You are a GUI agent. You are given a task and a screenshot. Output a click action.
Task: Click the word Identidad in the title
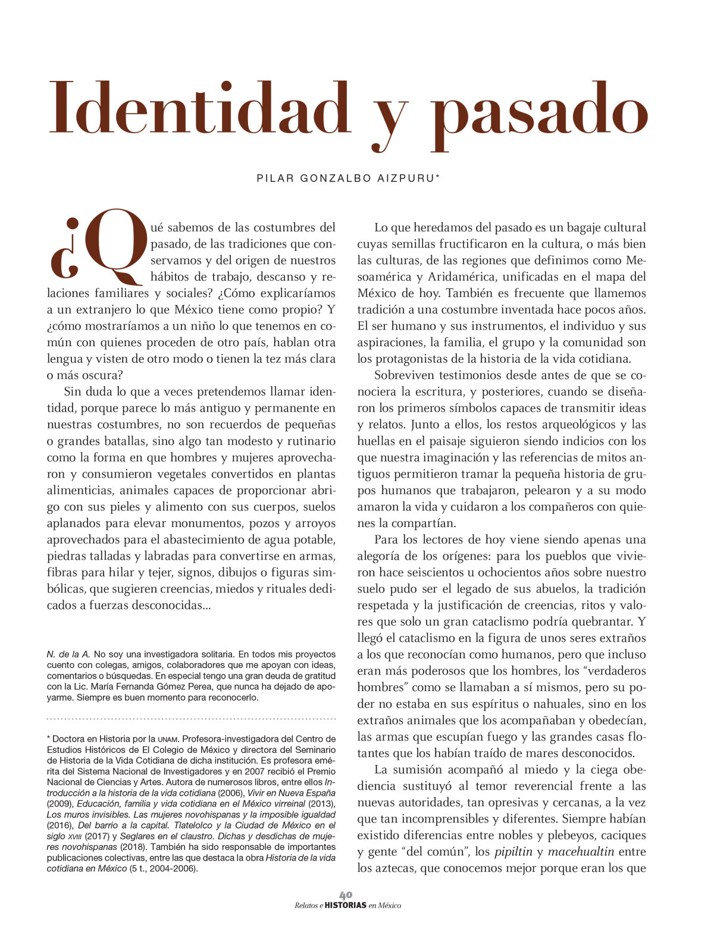coord(199,108)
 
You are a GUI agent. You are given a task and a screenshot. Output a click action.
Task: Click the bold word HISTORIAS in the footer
coord(346,905)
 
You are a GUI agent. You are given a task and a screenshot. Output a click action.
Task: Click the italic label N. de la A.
coord(68,654)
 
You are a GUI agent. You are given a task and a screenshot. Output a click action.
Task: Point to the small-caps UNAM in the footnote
coord(168,739)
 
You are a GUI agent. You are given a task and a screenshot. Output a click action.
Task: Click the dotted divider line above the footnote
coord(191,718)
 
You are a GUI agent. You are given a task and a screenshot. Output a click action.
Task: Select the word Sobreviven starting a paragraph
coord(405,375)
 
